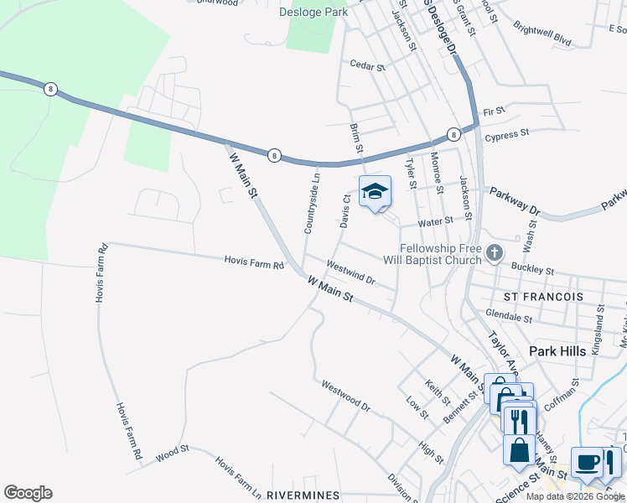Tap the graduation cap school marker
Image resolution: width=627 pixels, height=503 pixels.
click(x=375, y=192)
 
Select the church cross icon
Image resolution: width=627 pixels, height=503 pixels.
click(x=495, y=251)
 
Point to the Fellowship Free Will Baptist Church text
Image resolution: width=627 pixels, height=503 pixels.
click(x=440, y=254)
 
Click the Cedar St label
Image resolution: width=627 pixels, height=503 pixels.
click(x=366, y=65)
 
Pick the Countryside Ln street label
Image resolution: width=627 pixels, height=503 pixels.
click(x=311, y=204)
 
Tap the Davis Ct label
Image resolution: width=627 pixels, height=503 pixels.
click(x=345, y=211)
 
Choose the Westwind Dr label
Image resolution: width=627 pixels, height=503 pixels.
click(x=350, y=272)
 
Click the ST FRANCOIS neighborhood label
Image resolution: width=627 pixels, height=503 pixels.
click(x=542, y=298)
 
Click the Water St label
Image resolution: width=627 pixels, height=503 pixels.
click(x=435, y=221)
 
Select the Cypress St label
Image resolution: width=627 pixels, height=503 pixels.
click(x=507, y=133)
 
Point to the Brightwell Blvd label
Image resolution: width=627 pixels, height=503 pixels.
click(x=542, y=34)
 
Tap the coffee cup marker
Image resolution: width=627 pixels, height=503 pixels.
click(x=586, y=462)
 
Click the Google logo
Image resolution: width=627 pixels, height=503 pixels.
click(x=28, y=493)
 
